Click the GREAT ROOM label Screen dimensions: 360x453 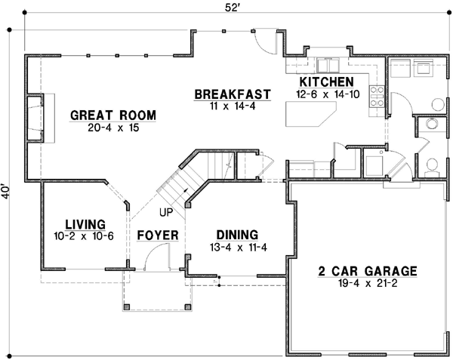coord(113,115)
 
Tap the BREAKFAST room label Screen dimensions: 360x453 coord(233,94)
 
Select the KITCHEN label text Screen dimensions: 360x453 coord(326,82)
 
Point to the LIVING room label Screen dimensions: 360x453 coord(85,223)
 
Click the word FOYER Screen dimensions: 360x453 coord(157,235)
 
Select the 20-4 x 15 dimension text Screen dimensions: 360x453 coord(113,128)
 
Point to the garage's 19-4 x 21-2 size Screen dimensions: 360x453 coord(368,283)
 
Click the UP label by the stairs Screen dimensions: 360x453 coord(165,211)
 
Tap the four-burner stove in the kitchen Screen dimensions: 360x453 coord(375,96)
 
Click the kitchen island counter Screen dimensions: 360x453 coord(311,116)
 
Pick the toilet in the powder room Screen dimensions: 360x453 coord(432,165)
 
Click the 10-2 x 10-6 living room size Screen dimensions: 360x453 coord(85,235)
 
